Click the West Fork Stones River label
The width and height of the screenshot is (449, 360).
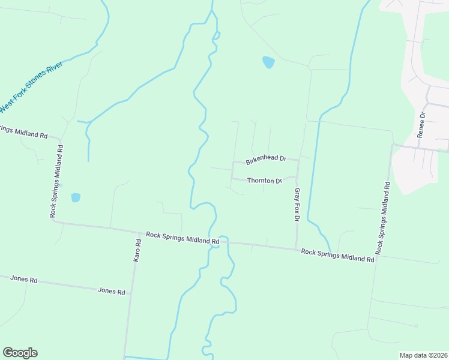point(31,87)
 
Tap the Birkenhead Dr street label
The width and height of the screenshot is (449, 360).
point(265,159)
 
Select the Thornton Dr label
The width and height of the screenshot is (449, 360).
point(265,181)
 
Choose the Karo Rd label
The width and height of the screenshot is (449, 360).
point(137,250)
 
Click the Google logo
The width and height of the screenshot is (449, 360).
point(20,353)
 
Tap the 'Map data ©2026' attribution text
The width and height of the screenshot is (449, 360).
point(423,355)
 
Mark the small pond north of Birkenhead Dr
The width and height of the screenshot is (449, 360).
point(268,62)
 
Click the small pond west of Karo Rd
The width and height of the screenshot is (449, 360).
point(76,197)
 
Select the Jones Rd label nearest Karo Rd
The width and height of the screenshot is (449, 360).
point(112,292)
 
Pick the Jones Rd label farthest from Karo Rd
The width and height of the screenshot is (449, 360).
point(24,280)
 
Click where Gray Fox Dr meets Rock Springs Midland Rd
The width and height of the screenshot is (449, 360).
point(295,249)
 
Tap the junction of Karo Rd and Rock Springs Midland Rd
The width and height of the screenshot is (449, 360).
point(136,232)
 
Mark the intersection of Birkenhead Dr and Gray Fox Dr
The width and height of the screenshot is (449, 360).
point(298,160)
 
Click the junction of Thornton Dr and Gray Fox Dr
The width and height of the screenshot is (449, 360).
point(297,178)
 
